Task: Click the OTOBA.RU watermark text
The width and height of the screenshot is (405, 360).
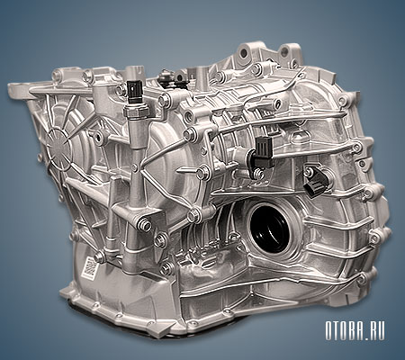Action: [355, 330]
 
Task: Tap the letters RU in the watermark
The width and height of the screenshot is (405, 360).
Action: [376, 330]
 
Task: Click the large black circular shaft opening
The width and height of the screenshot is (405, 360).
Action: [268, 228]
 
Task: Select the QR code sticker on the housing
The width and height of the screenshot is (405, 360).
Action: [89, 265]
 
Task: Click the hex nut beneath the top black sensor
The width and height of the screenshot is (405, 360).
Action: [136, 111]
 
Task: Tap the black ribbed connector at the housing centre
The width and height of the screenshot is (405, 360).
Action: [264, 151]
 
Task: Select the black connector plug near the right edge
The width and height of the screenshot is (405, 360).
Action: [316, 183]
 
